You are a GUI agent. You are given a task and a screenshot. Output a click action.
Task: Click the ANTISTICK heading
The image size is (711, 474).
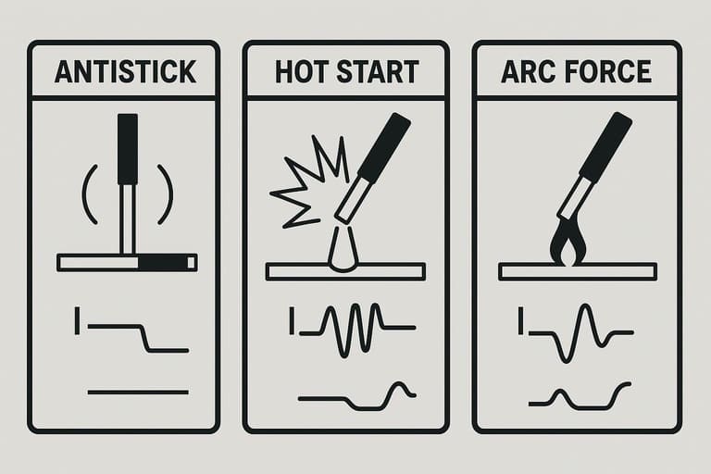126,71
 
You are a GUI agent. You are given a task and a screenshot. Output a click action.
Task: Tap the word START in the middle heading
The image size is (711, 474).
378,71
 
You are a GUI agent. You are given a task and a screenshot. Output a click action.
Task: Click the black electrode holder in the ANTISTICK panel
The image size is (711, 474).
128,149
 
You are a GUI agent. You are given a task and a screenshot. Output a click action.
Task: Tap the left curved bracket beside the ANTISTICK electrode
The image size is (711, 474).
89,194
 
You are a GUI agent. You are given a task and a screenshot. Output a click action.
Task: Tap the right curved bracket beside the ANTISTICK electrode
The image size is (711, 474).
166,194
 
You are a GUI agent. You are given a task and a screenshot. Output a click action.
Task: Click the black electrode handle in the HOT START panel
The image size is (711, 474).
384,147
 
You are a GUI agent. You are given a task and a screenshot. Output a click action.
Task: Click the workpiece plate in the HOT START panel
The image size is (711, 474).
345,271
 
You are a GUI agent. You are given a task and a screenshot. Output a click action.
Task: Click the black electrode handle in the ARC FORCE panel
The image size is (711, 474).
605,146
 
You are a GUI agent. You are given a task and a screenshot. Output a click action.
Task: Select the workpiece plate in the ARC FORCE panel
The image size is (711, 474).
578,271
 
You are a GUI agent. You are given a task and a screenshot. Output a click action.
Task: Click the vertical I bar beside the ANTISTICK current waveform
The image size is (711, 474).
77,320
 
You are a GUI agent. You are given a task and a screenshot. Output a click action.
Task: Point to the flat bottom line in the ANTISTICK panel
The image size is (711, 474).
138,392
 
